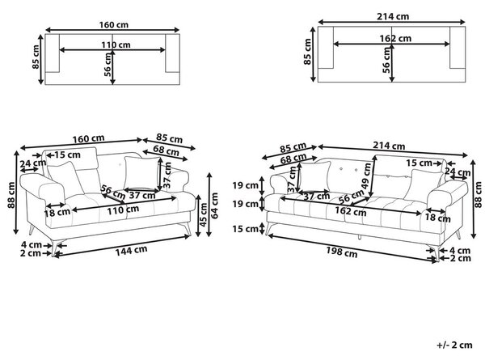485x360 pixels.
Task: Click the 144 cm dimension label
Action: click(131, 251)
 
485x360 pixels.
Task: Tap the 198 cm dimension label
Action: click(341, 252)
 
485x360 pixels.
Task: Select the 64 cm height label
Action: click(214, 205)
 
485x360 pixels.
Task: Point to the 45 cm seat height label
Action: click(204, 214)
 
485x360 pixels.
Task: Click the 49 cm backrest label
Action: click(366, 176)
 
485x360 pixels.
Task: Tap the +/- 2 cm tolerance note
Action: click(454, 345)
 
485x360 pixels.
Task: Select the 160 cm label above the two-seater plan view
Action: click(113, 25)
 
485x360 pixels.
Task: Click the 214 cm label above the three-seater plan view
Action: click(393, 16)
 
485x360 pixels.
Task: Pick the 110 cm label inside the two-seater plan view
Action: click(116, 44)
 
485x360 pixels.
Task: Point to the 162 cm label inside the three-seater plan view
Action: click(395, 38)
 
